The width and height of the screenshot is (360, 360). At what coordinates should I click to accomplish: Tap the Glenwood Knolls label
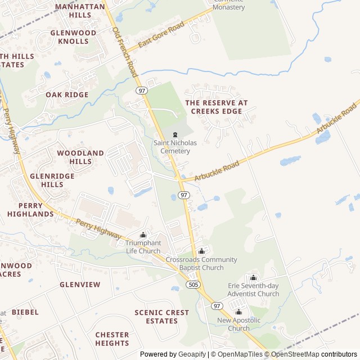coord(73,37)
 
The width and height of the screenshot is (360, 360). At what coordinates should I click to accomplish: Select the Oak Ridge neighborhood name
coord(67,95)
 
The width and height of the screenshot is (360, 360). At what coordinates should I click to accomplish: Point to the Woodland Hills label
coord(80,157)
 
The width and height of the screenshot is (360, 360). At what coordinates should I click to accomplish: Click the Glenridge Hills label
coord(52,180)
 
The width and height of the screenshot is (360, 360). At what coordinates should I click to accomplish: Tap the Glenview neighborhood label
coord(80,285)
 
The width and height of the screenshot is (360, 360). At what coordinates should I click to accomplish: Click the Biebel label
coord(25,312)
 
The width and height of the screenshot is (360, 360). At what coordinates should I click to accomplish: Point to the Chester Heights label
coord(112,339)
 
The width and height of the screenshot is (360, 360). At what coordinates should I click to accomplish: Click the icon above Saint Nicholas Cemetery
coord(175,134)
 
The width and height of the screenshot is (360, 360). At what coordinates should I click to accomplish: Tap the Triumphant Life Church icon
coord(143,235)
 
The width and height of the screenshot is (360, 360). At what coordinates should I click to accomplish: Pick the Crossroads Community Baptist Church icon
coord(202,251)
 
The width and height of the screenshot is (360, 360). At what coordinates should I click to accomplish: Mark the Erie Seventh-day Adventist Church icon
coord(253,277)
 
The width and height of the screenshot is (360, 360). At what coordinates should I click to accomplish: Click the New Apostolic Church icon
coord(238,312)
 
